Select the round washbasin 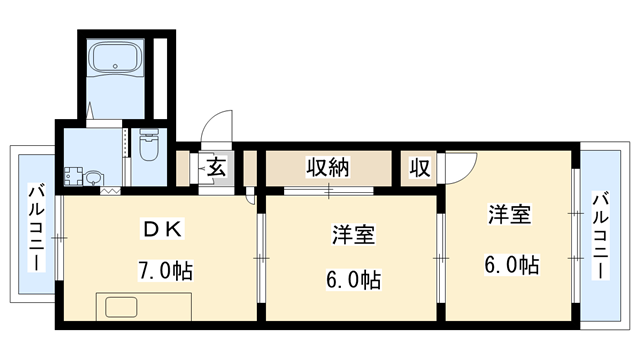(x=93, y=179)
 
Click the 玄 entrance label (x=217, y=167)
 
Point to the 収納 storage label (x=327, y=167)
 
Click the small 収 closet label (x=419, y=167)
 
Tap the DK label (x=161, y=229)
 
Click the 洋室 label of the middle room (x=353, y=236)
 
